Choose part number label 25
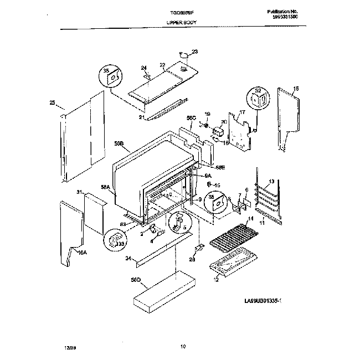[x=52, y=102]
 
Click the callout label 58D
[x=136, y=280]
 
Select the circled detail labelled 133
[x=114, y=239]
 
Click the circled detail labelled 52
[x=258, y=100]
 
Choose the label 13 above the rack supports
[x=271, y=181]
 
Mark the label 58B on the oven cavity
[x=119, y=143]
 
